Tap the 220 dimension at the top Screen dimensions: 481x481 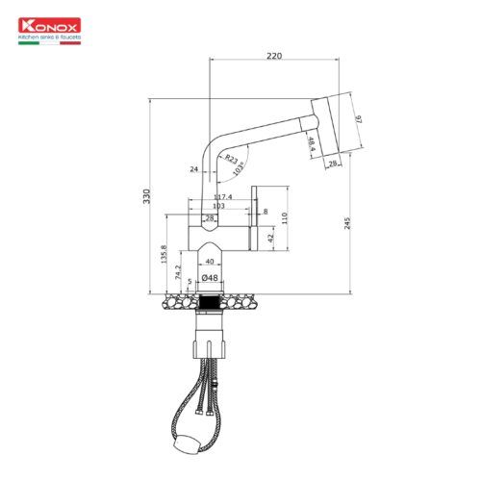(x=274, y=57)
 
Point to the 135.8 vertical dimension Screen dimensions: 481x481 (x=165, y=255)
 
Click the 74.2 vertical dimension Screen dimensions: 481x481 (x=179, y=273)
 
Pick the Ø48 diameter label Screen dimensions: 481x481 (x=212, y=279)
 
